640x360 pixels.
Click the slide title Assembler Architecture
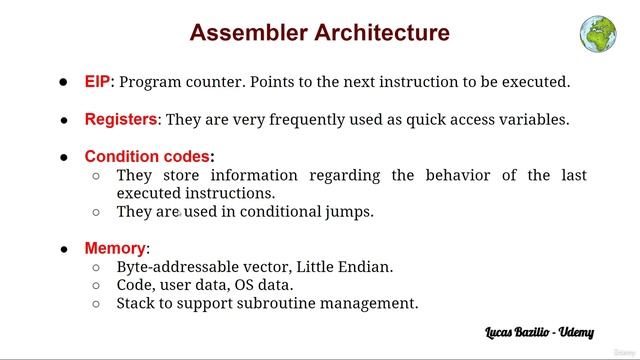(319, 33)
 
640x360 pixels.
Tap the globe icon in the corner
(597, 32)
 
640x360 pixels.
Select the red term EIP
(97, 82)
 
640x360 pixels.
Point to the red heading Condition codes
(148, 156)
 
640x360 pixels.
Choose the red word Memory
(115, 248)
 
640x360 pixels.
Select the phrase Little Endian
(348, 267)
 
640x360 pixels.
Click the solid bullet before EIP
(63, 82)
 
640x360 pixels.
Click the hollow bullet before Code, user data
(96, 286)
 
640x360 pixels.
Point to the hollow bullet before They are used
(96, 212)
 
